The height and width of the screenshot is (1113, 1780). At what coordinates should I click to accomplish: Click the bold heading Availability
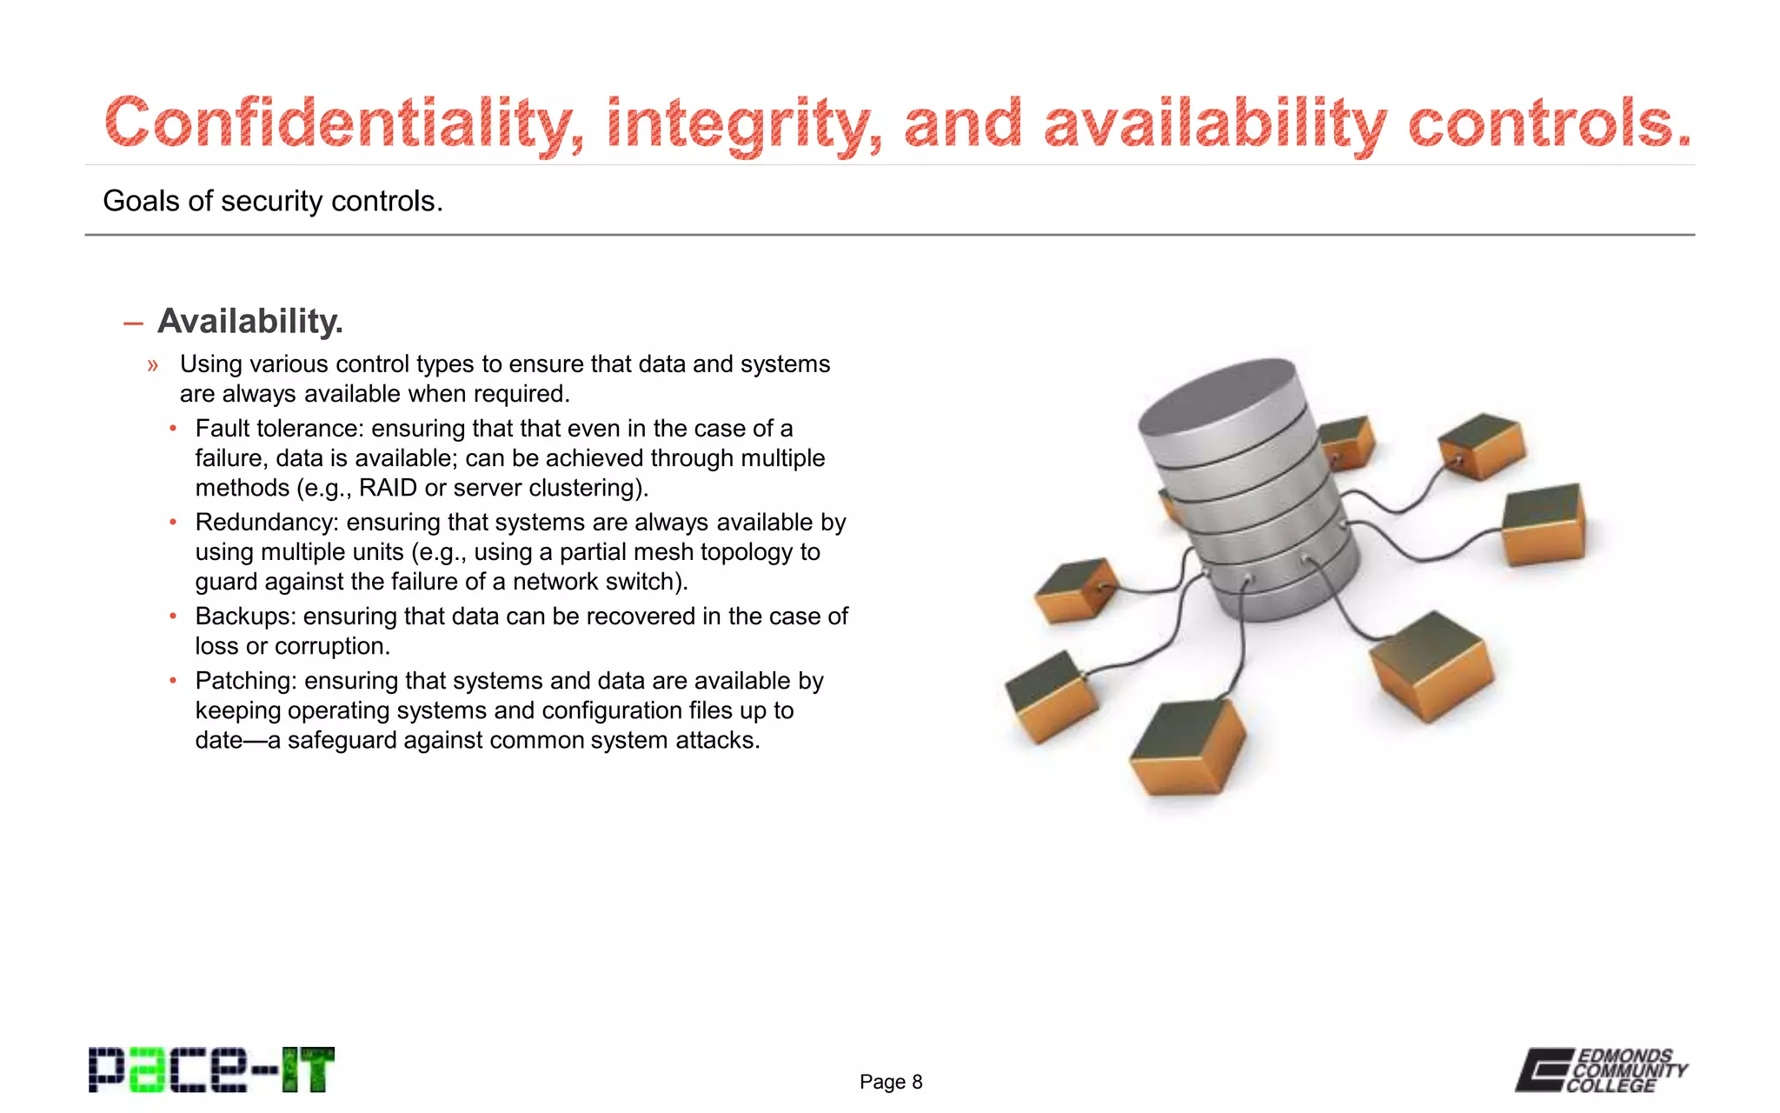click(x=250, y=322)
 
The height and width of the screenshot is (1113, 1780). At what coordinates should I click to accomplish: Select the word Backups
click(x=245, y=616)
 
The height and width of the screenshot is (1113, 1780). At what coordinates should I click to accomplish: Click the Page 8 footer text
click(x=891, y=1082)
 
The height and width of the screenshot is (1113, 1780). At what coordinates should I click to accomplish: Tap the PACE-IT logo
click(x=211, y=1070)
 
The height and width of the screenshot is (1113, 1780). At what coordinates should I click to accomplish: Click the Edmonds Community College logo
click(x=1601, y=1070)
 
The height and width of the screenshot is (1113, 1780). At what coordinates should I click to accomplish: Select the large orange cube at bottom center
click(x=1187, y=748)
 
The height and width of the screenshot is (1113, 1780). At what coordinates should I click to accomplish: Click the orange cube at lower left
click(x=1050, y=696)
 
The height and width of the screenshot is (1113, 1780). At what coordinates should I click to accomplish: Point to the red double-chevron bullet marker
click(x=153, y=365)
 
